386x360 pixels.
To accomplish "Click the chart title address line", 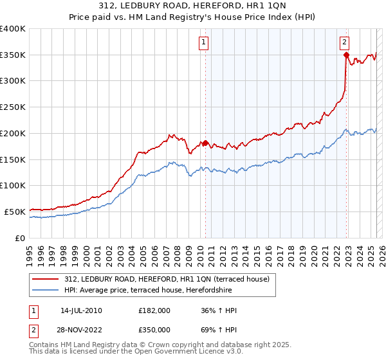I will click(x=193, y=6).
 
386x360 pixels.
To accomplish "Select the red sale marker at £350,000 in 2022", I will click(x=346, y=55).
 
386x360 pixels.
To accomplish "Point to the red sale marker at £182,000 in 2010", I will click(x=206, y=143).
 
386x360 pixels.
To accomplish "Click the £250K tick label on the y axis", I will click(x=13, y=107).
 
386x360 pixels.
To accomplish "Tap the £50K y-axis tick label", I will click(x=15, y=212).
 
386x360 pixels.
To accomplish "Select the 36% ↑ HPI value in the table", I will click(x=220, y=310).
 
